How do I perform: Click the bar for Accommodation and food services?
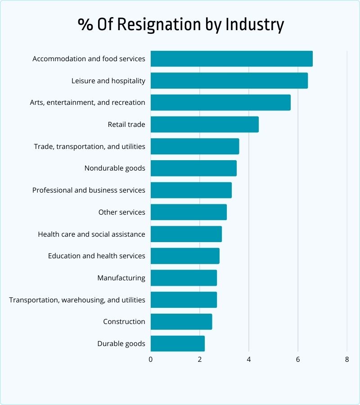(231, 59)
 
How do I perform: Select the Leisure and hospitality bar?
(229, 81)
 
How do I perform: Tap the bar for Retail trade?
(205, 125)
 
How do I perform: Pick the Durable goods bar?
(178, 344)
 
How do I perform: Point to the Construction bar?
(181, 322)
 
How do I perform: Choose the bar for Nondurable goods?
(193, 168)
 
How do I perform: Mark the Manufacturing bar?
(184, 278)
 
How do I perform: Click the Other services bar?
(189, 212)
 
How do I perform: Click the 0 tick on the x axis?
(151, 360)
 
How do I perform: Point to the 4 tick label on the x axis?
(249, 360)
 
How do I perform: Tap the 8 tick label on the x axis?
(347, 360)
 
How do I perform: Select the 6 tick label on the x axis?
(298, 360)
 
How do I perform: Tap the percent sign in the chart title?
(84, 24)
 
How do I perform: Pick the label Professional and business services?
(89, 190)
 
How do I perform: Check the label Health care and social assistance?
(91, 234)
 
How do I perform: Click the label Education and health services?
(97, 256)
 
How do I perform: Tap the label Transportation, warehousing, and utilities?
(77, 300)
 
